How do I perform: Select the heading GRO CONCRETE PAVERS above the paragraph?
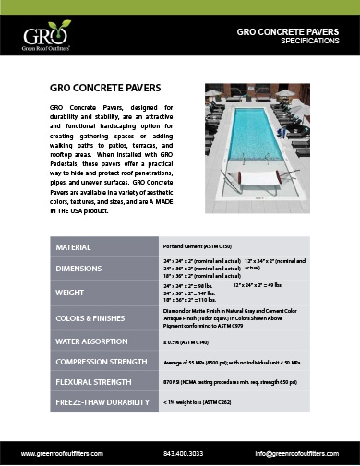coord(98,89)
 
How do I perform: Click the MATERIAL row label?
coord(74,248)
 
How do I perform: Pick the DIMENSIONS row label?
coord(79,269)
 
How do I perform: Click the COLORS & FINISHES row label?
coord(90,317)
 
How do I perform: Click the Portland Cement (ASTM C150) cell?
coord(196,248)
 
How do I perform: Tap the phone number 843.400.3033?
coord(182,452)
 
